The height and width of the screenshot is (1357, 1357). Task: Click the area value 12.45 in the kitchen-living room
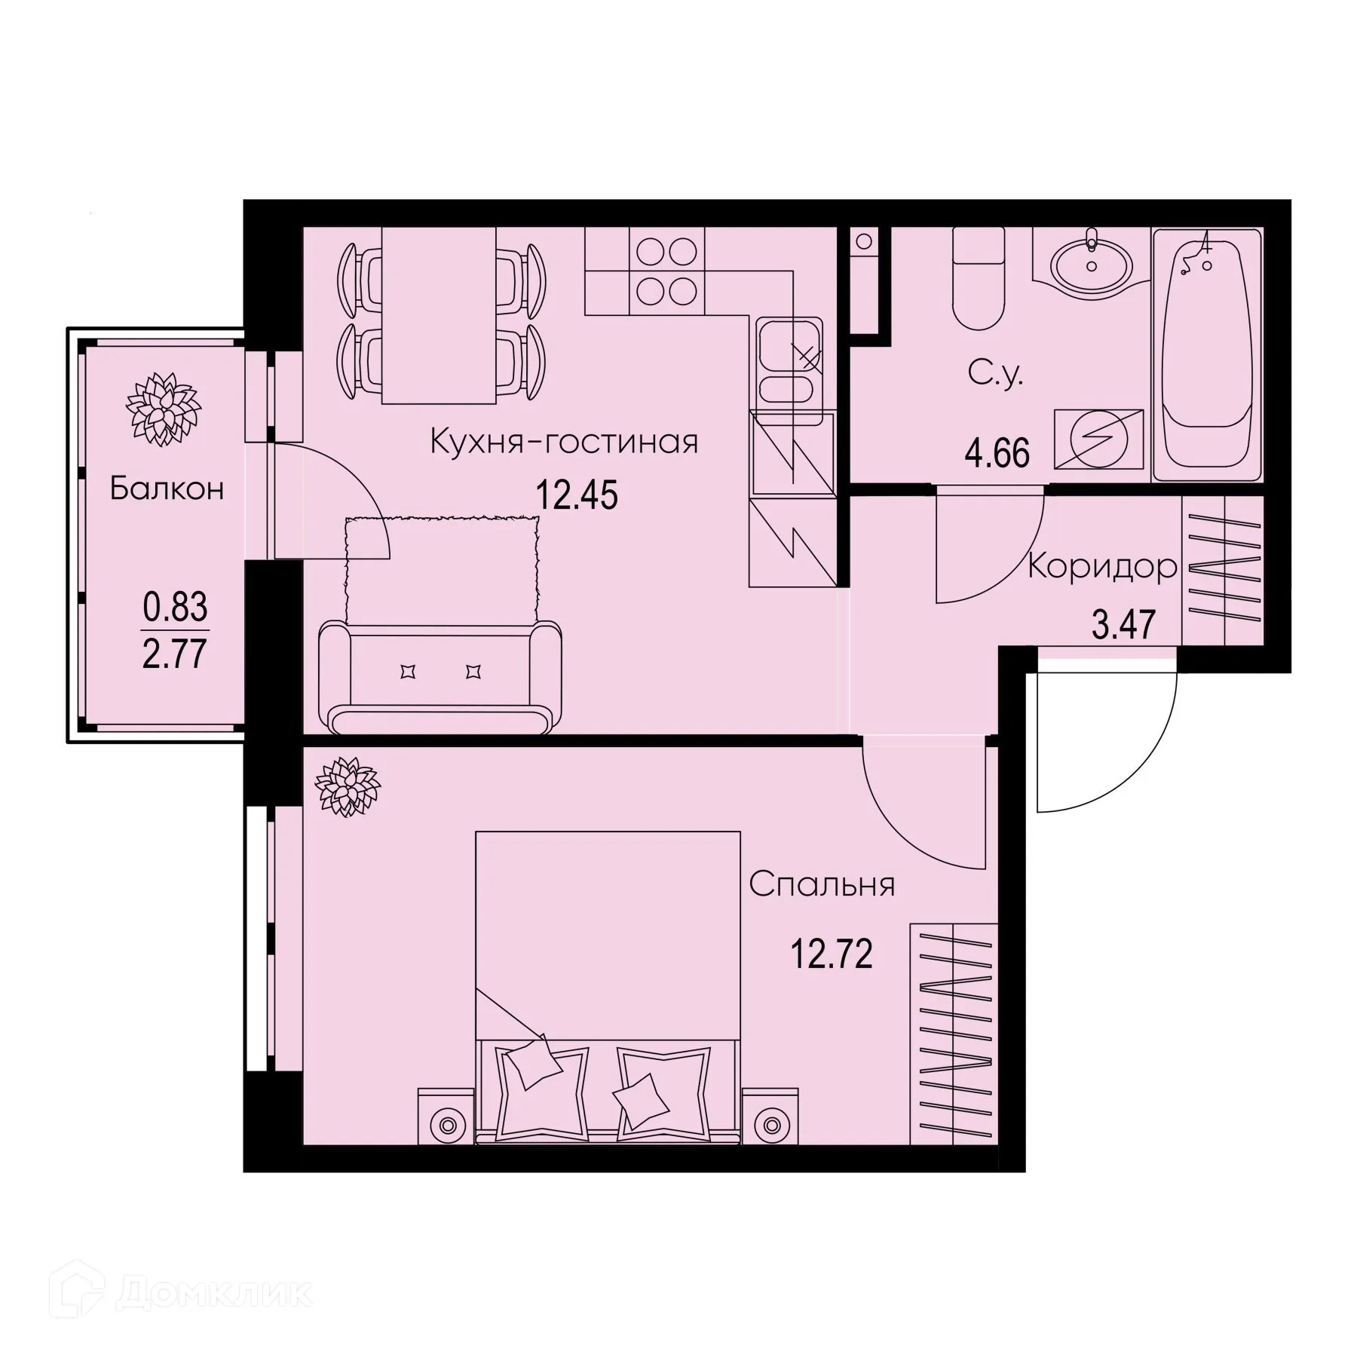(577, 495)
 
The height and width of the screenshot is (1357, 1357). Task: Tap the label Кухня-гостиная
(564, 443)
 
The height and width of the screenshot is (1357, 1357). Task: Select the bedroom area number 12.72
(831, 955)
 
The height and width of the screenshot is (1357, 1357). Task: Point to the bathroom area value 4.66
(997, 454)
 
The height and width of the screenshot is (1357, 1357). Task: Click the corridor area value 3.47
(1123, 626)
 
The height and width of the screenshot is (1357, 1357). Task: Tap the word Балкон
(167, 489)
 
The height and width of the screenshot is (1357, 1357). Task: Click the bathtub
(1207, 354)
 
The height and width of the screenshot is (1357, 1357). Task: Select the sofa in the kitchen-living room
(440, 675)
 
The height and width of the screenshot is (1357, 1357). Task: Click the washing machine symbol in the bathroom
(1098, 440)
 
